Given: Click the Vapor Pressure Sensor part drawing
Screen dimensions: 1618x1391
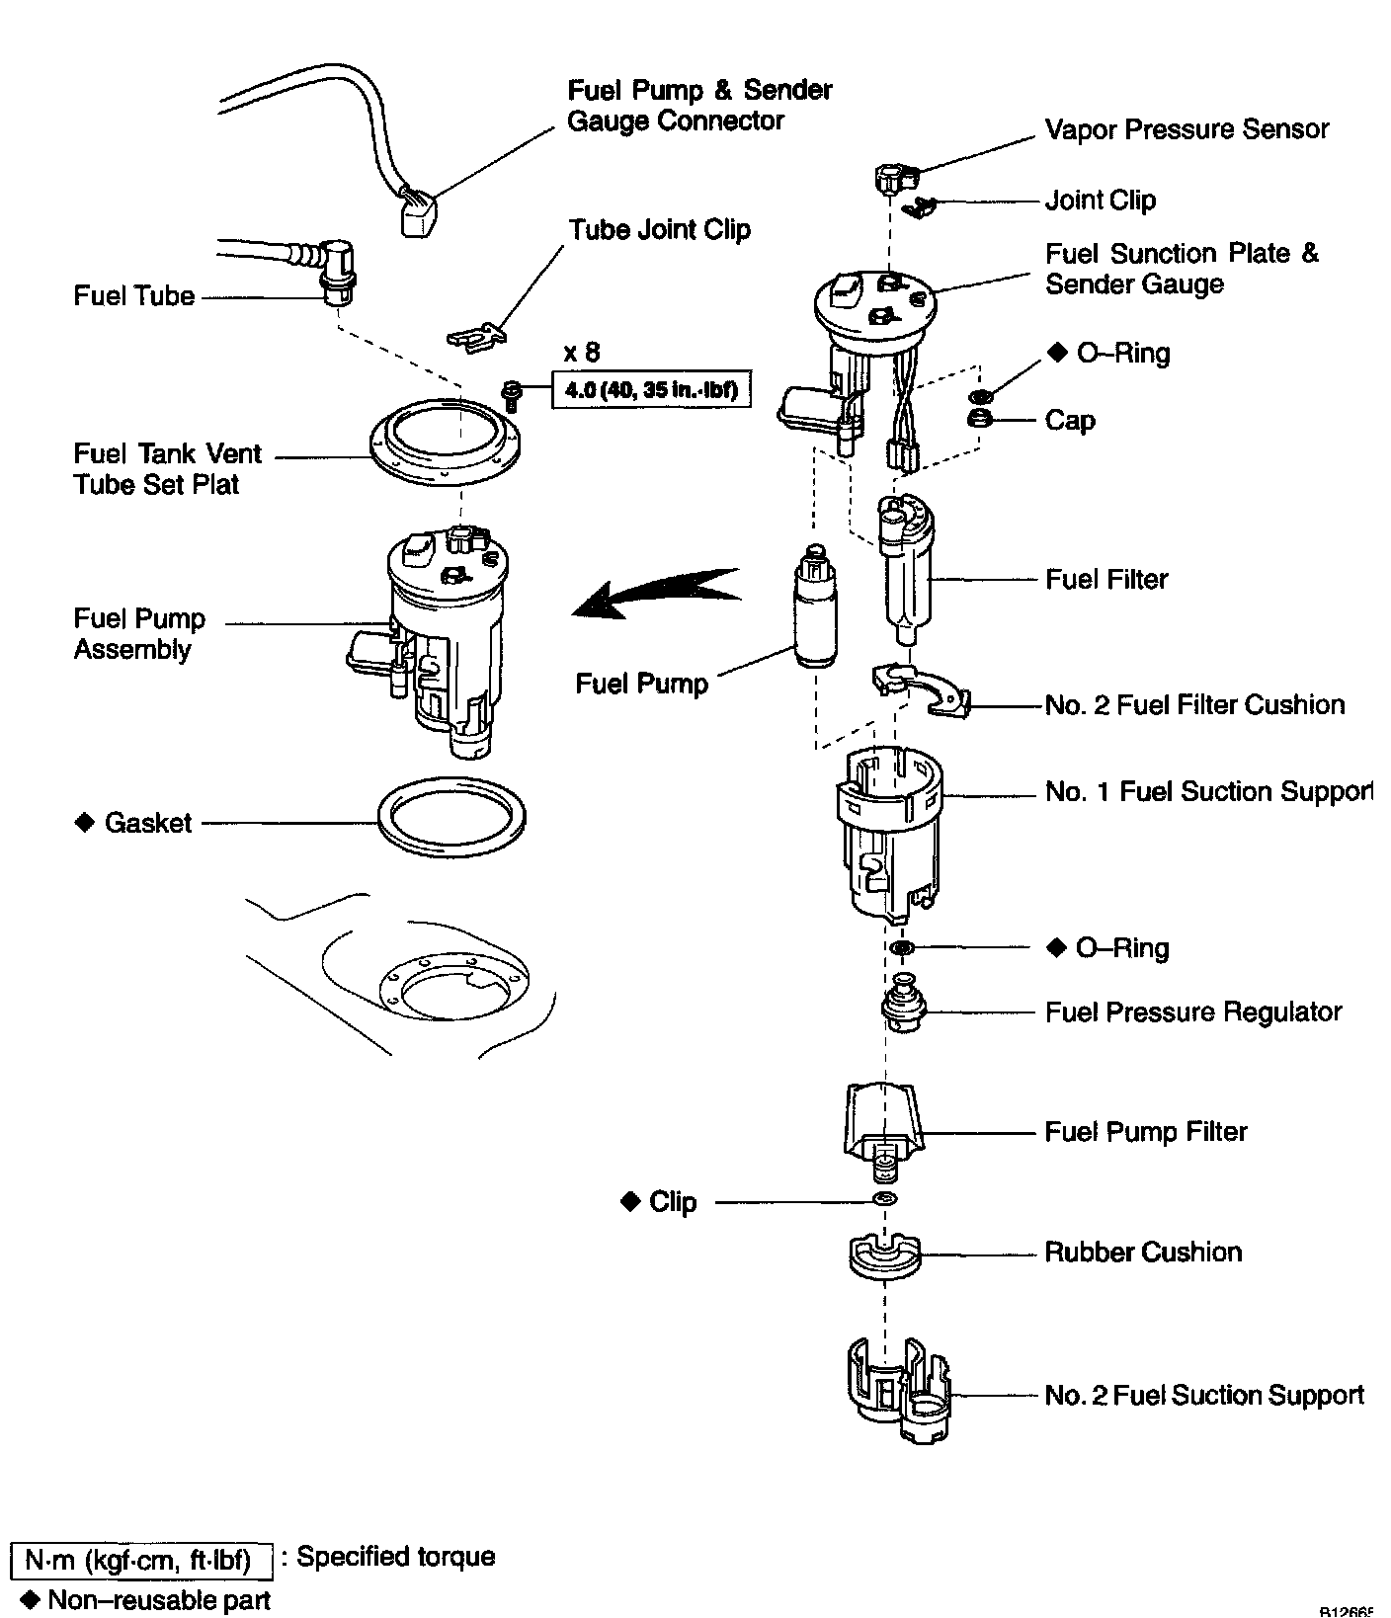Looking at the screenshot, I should click(893, 179).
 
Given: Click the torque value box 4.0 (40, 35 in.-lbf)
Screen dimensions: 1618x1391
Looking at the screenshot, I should click(651, 389).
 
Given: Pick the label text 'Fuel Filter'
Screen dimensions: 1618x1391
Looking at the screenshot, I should click(1106, 579).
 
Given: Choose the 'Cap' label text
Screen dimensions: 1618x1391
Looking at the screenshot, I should click(1070, 421).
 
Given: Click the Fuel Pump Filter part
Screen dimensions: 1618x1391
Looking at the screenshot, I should click(883, 1126).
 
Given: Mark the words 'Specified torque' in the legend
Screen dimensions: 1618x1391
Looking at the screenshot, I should click(396, 1557).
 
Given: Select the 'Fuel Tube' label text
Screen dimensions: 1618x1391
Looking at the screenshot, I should click(133, 296).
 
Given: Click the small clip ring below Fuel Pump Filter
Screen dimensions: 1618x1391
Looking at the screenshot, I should click(884, 1200).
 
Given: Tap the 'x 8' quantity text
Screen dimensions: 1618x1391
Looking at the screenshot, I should click(581, 352).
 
